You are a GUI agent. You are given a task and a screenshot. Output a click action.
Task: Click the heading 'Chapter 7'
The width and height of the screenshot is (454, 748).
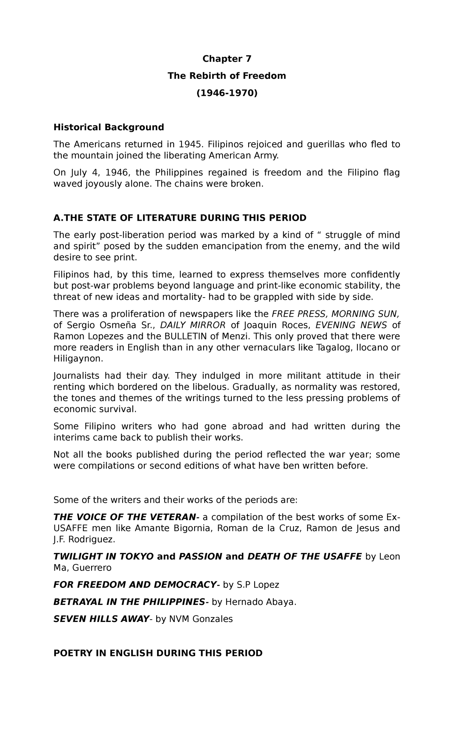point(227,59)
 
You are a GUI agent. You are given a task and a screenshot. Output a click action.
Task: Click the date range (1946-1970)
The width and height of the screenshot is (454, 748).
point(227,93)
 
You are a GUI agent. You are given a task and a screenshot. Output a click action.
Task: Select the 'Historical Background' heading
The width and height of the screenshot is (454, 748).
point(109,127)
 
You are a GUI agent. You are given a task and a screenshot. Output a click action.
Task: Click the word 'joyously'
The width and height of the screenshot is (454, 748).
point(104,184)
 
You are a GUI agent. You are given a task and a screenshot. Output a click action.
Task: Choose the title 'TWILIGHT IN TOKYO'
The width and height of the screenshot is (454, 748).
point(103,556)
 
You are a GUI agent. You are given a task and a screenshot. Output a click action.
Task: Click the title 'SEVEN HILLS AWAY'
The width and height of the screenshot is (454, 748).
point(101,619)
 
